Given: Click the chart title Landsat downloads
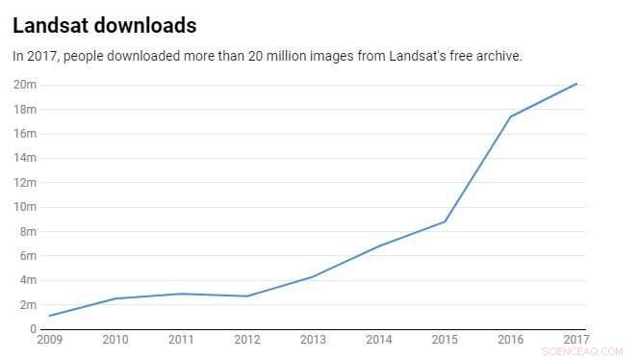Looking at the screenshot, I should [105, 25].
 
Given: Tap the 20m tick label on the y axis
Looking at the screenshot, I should [25, 85].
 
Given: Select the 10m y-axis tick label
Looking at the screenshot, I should [25, 207].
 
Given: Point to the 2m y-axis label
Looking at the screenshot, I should [28, 305].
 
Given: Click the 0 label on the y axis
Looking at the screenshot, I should [33, 329].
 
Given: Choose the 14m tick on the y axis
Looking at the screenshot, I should [25, 158].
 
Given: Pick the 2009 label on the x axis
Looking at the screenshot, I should [49, 340].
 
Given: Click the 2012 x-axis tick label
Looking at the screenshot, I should [247, 340].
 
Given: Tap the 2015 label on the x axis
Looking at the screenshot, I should [445, 340].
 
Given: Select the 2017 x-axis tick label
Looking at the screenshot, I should [576, 340].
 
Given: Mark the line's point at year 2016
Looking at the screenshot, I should [510, 116].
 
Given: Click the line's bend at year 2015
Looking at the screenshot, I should [445, 221].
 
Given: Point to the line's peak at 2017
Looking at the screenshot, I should [576, 84].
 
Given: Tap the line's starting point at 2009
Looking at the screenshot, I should [49, 316].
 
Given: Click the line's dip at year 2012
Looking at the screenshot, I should [247, 296].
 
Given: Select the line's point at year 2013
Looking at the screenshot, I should [313, 276].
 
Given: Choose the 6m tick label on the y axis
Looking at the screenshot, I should [28, 256].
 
